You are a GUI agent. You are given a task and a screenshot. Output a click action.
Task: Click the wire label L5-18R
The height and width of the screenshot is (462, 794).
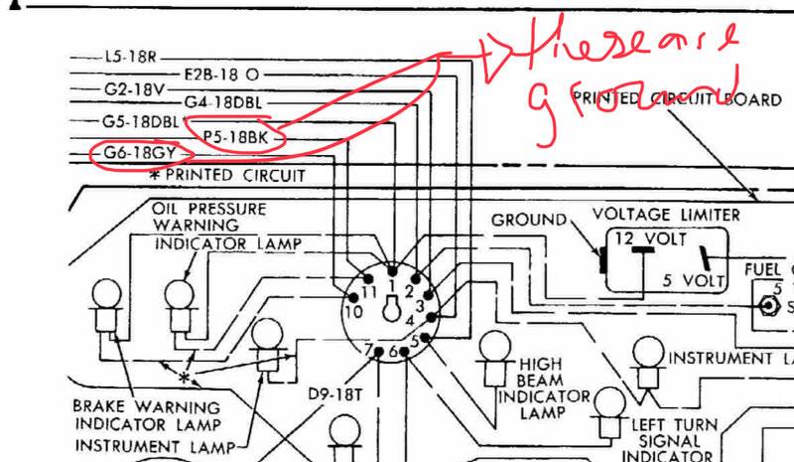tap(129, 59)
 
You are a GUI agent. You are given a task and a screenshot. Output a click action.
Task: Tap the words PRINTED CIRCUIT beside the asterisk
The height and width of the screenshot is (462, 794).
tap(228, 176)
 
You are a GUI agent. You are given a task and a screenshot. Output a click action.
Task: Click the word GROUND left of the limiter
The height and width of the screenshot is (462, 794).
tap(529, 219)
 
